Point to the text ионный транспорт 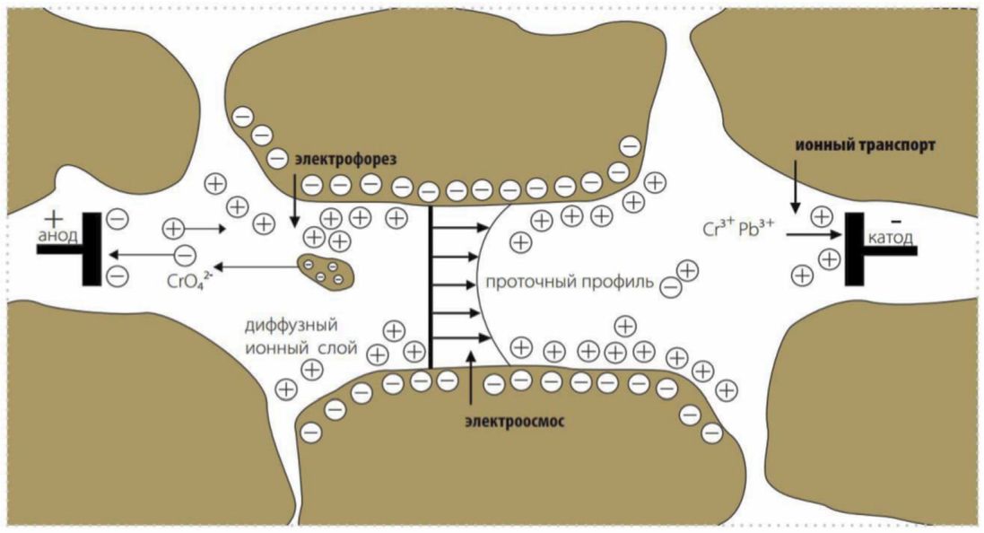[863, 144]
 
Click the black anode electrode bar [91, 249]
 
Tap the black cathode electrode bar [852, 249]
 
